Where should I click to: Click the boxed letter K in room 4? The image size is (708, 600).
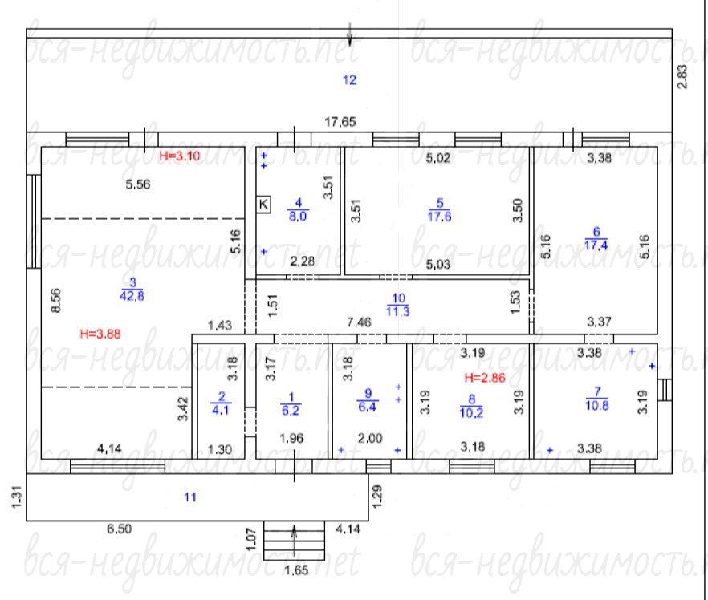pyautogui.click(x=263, y=205)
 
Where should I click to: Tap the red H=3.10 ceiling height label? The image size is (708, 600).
pyautogui.click(x=179, y=156)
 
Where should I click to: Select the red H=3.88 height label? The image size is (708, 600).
pyautogui.click(x=100, y=334)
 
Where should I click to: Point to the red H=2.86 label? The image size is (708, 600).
pyautogui.click(x=485, y=378)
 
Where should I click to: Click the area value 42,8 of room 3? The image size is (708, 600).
pyautogui.click(x=132, y=296)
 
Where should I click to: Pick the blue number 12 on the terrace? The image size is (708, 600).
pyautogui.click(x=349, y=80)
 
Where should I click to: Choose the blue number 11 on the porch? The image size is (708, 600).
pyautogui.click(x=190, y=497)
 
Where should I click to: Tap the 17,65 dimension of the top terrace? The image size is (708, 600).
pyautogui.click(x=340, y=122)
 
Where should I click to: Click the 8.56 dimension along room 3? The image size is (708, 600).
pyautogui.click(x=55, y=301)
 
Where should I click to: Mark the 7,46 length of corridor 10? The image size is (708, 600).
pyautogui.click(x=359, y=322)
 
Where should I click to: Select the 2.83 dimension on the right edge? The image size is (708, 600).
pyautogui.click(x=682, y=77)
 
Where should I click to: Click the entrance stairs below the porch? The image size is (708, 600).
pyautogui.click(x=295, y=541)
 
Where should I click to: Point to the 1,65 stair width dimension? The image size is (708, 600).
pyautogui.click(x=296, y=570)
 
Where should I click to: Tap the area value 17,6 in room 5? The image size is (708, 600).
pyautogui.click(x=439, y=217)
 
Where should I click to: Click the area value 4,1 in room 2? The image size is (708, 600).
pyautogui.click(x=220, y=410)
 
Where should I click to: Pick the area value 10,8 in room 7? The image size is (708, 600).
pyautogui.click(x=597, y=406)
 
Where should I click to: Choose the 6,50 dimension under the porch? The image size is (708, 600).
pyautogui.click(x=119, y=529)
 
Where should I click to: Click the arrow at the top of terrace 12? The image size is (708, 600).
pyautogui.click(x=350, y=34)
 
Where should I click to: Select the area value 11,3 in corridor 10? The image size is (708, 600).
pyautogui.click(x=398, y=311)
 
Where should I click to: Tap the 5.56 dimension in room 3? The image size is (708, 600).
pyautogui.click(x=138, y=184)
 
